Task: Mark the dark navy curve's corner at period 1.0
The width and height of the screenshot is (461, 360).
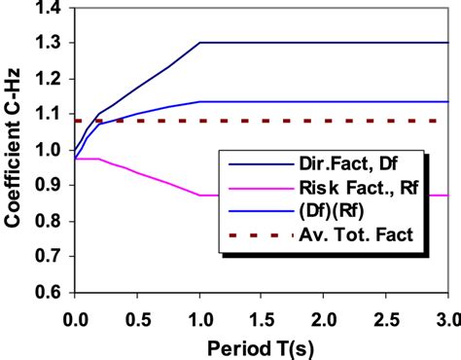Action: (199, 44)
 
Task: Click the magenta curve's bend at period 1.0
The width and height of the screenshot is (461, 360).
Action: (199, 196)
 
